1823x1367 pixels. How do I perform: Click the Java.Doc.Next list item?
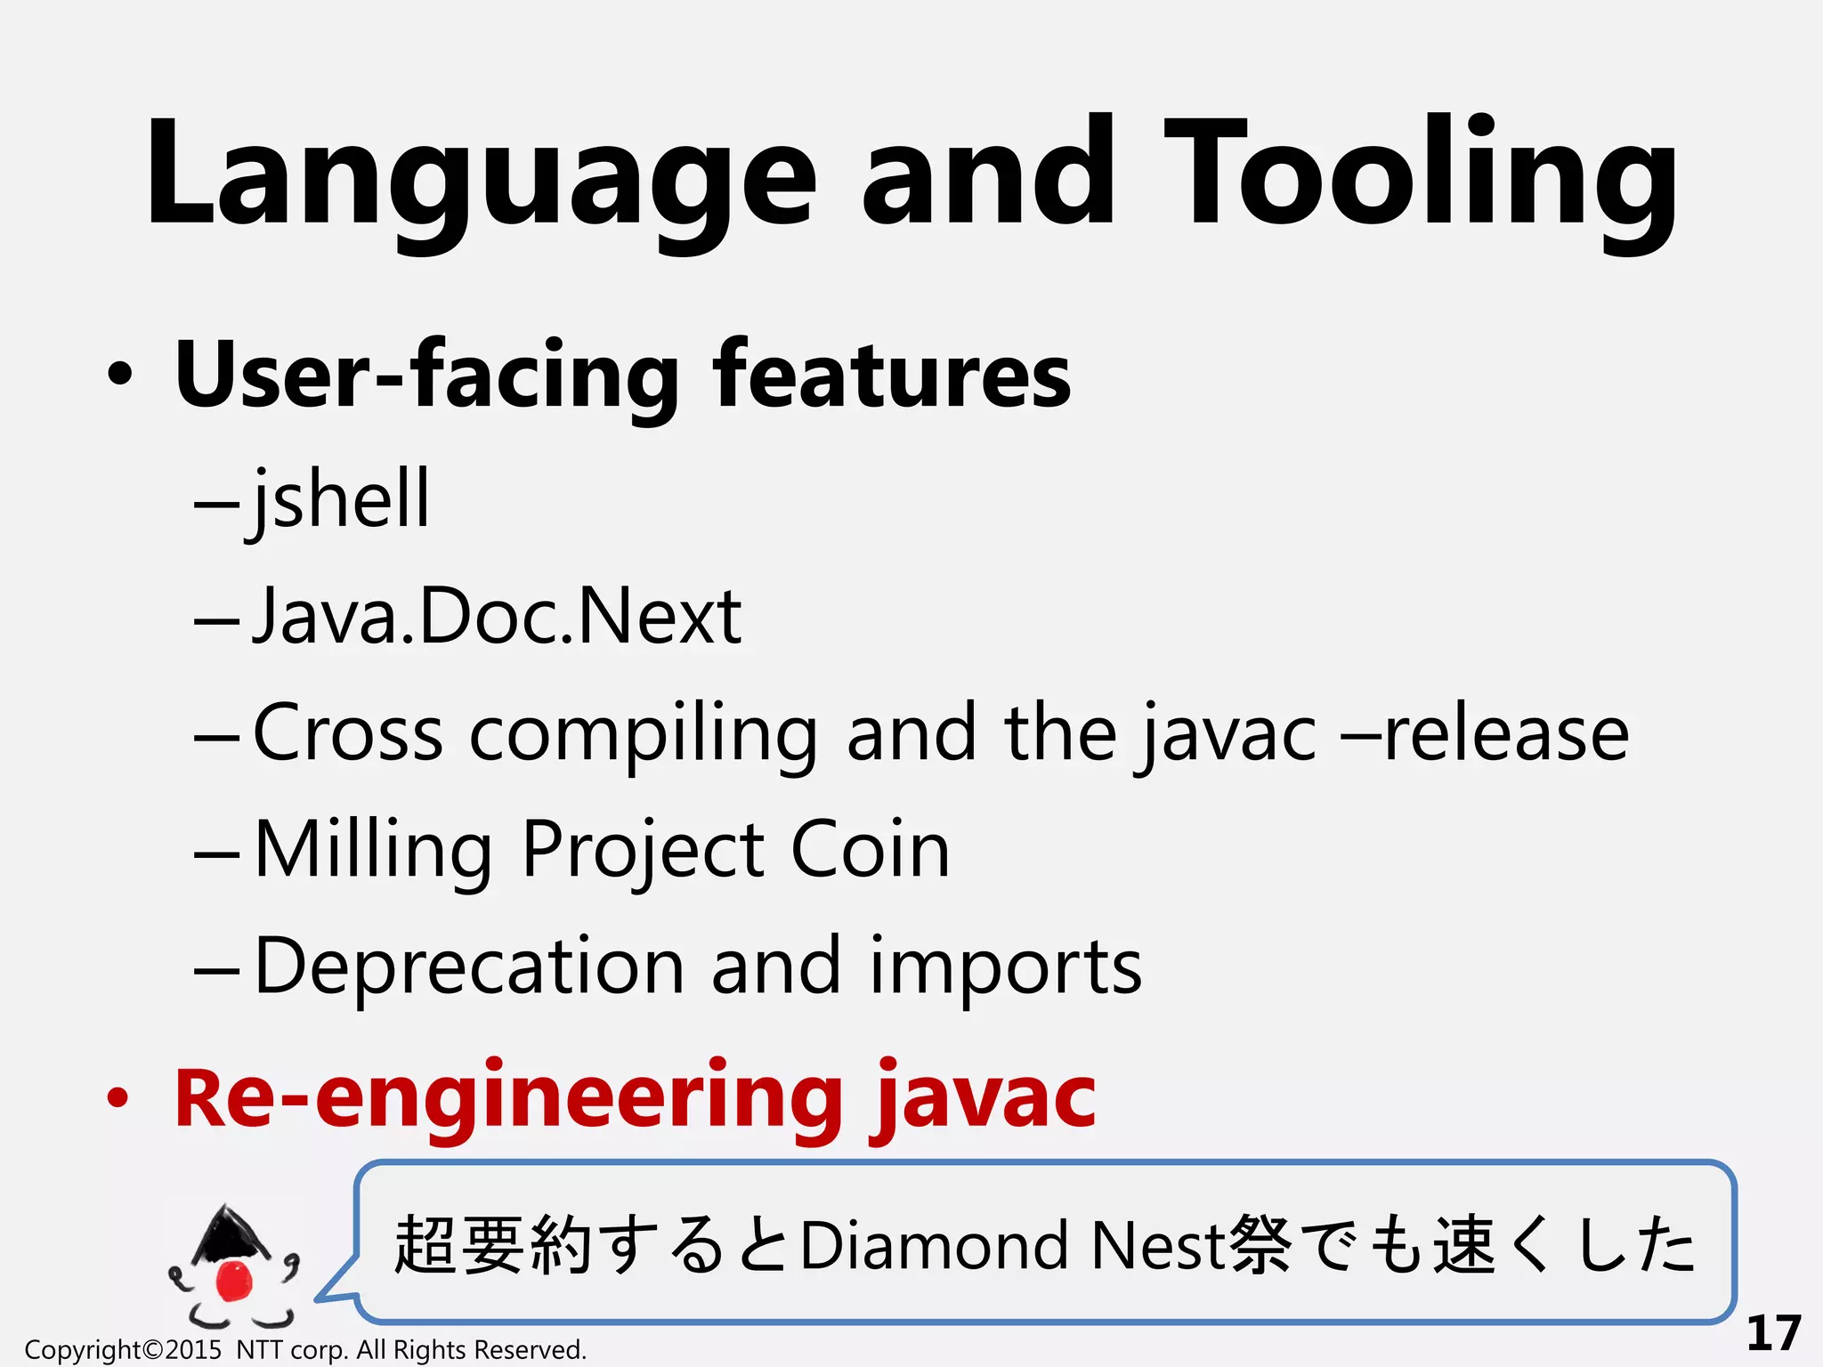[x=497, y=616]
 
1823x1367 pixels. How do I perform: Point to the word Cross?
[x=348, y=733]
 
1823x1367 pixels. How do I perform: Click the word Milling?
[x=373, y=851]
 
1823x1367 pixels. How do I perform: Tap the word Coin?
[x=870, y=849]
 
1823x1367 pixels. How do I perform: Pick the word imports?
[x=1005, y=968]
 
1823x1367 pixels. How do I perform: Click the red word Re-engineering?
[x=508, y=1098]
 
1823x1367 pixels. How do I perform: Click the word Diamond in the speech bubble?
[x=934, y=1245]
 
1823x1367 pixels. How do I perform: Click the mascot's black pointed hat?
[x=230, y=1232]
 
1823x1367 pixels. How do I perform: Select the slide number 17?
[x=1773, y=1333]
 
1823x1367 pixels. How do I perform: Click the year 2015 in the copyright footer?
[x=193, y=1350]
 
